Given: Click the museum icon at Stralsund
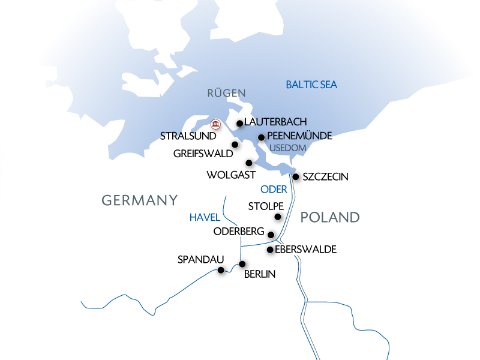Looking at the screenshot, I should tap(216, 124).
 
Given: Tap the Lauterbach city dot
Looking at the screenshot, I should tap(240, 124).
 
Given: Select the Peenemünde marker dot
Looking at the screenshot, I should tap(261, 137).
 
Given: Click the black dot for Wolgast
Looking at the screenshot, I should tap(248, 163).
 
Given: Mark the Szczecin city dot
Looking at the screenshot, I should tap(296, 176).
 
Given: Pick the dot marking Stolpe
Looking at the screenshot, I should tap(278, 217).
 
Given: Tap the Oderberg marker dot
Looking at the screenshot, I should tap(271, 235).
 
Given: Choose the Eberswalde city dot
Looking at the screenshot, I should tap(270, 250).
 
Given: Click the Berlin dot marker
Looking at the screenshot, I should tap(242, 264).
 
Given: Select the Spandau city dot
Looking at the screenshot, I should tap(221, 271).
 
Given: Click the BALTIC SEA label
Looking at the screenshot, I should tap(311, 85).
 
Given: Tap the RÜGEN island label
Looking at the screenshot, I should tap(227, 93).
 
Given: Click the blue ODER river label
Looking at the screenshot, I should tap(274, 190).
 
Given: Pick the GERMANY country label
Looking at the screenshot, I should tap(140, 200).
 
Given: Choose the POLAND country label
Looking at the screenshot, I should tap(329, 217).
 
